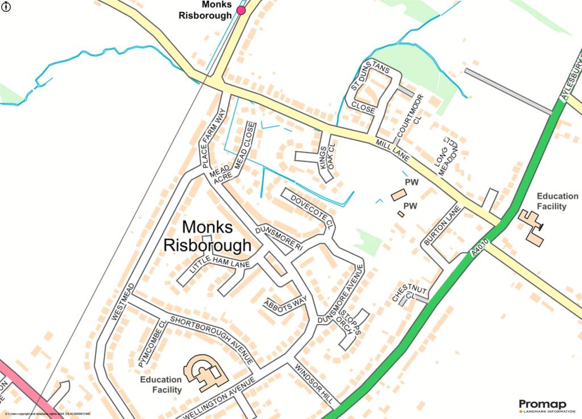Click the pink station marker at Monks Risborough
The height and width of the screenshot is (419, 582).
click(241, 10)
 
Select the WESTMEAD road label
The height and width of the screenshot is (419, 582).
click(124, 302)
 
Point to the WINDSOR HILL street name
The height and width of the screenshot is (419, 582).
click(314, 384)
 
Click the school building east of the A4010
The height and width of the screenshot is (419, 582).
click(532, 227)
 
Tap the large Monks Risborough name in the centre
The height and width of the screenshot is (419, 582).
click(207, 236)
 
